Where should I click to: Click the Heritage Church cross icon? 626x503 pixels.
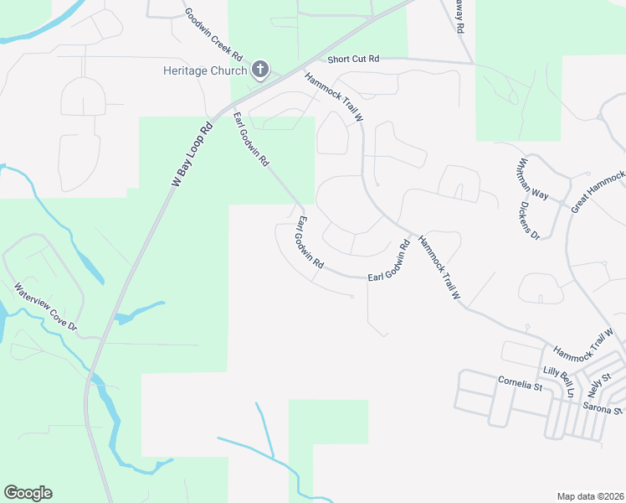260,70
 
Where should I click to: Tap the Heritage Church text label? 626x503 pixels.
204,70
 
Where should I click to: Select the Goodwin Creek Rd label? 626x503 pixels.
213,34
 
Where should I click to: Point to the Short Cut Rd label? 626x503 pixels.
353,59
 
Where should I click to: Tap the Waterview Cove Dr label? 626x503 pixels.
45,307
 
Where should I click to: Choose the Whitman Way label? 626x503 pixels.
532,179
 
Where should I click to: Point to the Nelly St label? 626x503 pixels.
598,386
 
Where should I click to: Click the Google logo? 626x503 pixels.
28,493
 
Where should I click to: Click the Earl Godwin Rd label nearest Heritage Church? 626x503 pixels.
251,138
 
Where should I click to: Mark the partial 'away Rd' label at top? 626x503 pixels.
459,16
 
